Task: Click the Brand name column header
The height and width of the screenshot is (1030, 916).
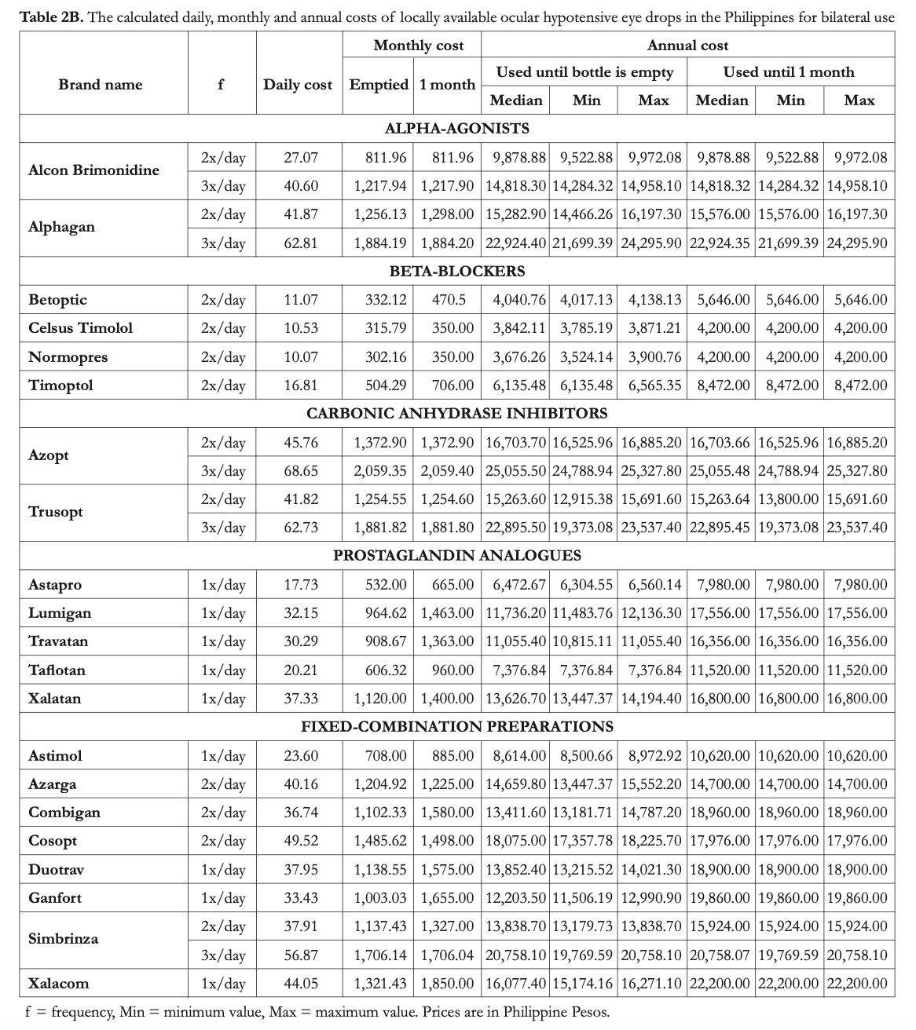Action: [101, 85]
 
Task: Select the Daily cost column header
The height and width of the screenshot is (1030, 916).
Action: [297, 85]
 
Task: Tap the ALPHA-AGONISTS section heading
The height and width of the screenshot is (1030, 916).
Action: [456, 128]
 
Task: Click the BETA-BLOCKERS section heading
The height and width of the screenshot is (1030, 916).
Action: [457, 271]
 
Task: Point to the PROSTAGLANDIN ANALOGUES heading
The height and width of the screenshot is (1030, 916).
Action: [457, 555]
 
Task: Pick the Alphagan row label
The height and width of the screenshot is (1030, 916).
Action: [61, 227]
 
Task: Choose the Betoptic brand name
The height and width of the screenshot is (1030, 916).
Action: [57, 300]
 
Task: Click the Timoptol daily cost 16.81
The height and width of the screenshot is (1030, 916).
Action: [301, 385]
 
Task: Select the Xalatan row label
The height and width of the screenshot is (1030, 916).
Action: [54, 698]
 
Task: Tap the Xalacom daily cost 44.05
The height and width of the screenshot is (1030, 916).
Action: [301, 983]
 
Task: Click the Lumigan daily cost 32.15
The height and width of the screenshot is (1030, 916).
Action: [301, 613]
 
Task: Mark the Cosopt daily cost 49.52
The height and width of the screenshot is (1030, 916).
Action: [301, 841]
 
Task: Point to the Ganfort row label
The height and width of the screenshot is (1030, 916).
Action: [55, 897]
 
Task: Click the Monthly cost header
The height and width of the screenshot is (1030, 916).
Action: [419, 46]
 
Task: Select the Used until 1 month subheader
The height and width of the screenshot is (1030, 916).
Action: [789, 72]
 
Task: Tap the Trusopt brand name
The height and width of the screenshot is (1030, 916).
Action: [56, 512]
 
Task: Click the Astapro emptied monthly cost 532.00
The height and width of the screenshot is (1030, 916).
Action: [387, 585]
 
